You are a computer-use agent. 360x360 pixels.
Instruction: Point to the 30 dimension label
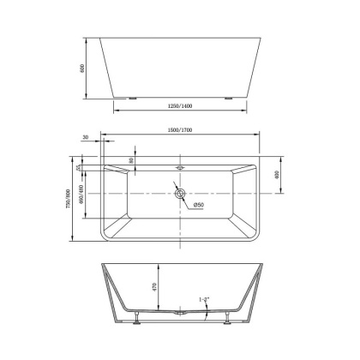87,137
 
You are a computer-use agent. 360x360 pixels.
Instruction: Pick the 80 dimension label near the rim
130,160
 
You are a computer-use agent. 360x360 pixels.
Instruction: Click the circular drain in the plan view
179,193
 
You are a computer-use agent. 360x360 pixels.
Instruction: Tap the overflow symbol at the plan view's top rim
179,159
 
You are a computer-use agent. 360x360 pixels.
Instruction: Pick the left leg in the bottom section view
135,321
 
